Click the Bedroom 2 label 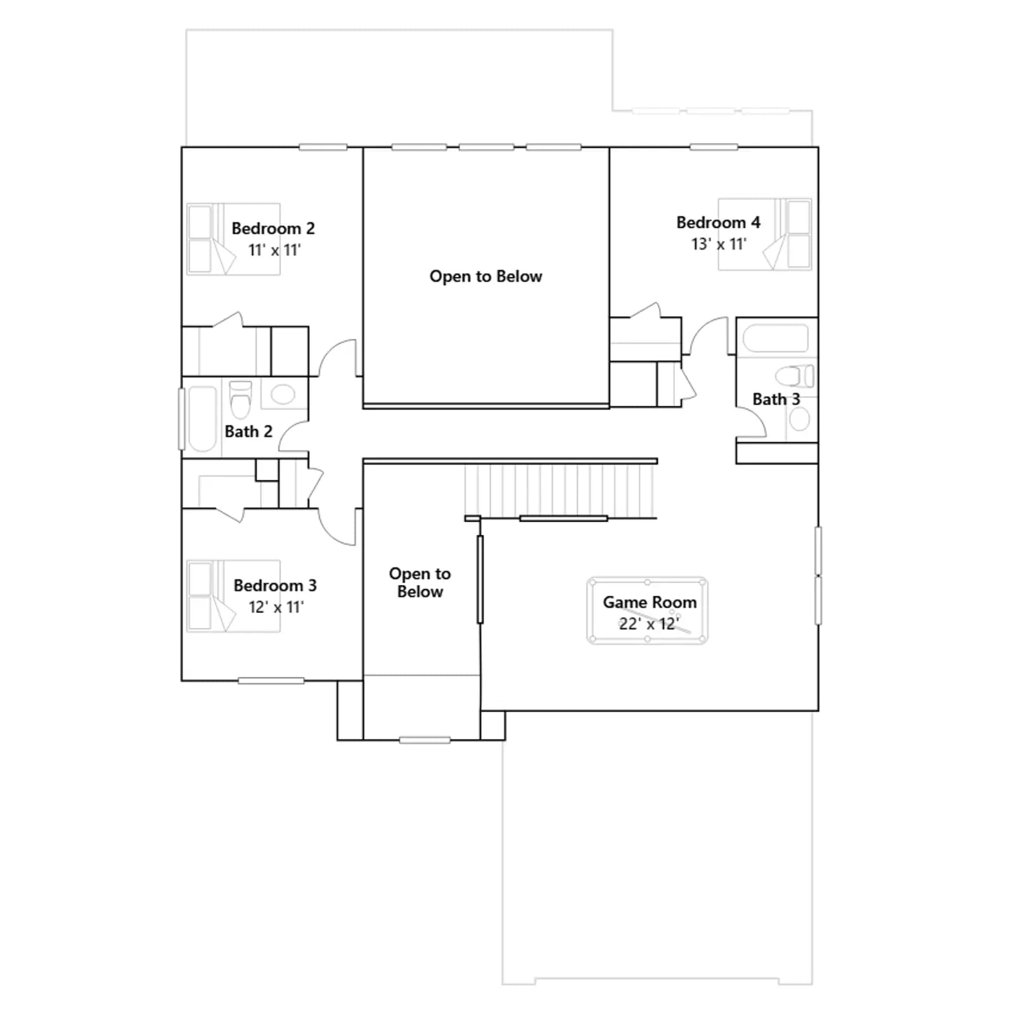(273, 228)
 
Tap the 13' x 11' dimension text (719, 244)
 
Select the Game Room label (650, 602)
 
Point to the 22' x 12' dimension (649, 624)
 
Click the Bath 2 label (248, 432)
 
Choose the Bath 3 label (776, 399)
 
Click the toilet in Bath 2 (240, 399)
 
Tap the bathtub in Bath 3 (776, 338)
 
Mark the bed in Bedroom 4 (765, 234)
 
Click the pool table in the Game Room (647, 611)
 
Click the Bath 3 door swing (752, 423)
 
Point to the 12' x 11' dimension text (276, 607)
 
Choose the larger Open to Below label (486, 276)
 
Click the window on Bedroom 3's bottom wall (271, 681)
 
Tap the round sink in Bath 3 (800, 419)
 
